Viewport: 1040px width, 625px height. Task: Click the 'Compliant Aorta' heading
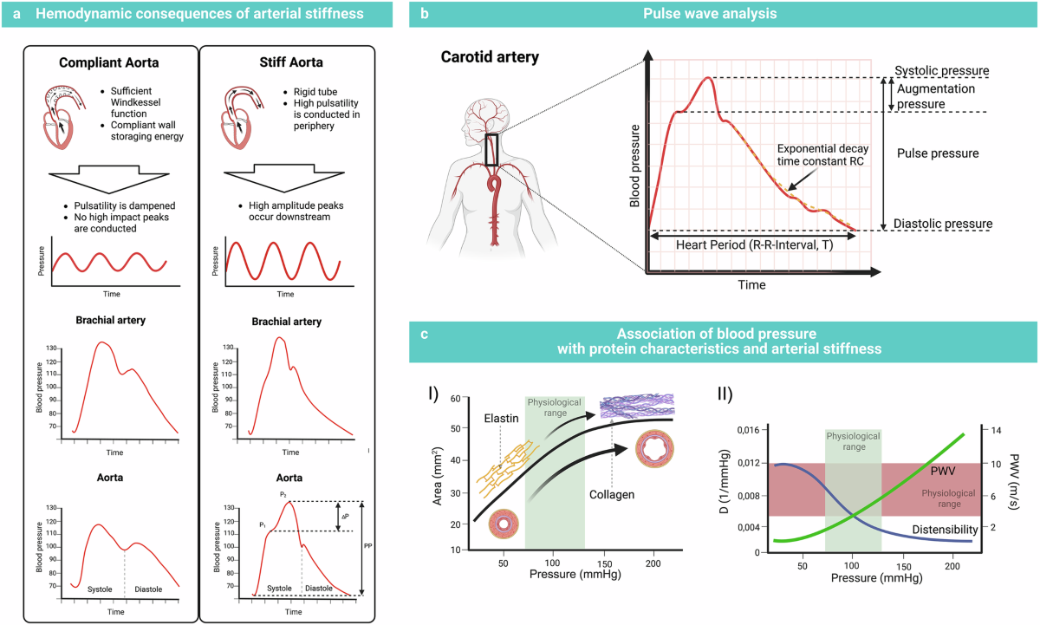[x=108, y=62]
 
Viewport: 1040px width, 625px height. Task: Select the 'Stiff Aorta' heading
[x=287, y=62]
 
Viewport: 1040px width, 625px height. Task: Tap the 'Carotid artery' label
[x=489, y=57]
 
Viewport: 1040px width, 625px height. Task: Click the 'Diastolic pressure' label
[x=944, y=224]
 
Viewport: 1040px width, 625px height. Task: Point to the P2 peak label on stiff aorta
[x=283, y=494]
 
